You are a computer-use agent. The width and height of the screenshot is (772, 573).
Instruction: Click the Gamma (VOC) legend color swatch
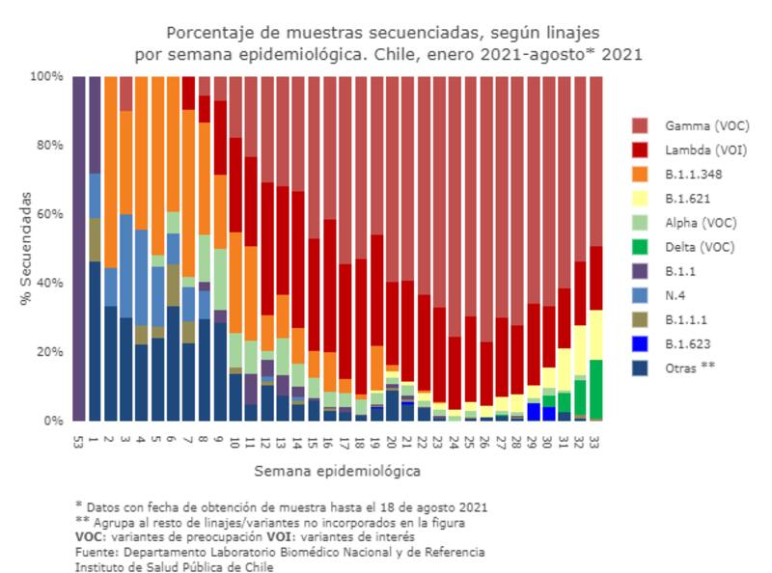(x=640, y=125)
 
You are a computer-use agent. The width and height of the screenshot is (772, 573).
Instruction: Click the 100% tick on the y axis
(x=47, y=76)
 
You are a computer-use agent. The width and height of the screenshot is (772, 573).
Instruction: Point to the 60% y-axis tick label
(x=50, y=214)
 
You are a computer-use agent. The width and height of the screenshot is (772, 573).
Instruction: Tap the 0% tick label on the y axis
(x=54, y=422)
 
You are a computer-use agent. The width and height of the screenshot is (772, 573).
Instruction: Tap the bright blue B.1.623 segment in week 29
(x=533, y=412)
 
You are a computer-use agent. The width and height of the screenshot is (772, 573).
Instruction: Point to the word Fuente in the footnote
(x=96, y=553)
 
